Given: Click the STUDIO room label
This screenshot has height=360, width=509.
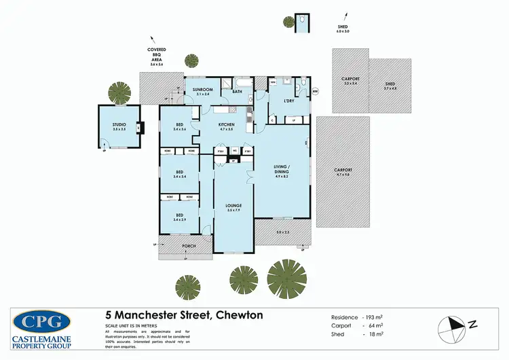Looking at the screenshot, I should [x=119, y=124].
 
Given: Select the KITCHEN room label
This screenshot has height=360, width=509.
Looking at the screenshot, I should [x=227, y=125].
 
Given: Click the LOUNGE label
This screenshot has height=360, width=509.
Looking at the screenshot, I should [x=234, y=205].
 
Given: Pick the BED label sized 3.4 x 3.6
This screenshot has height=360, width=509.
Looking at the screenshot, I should [x=179, y=125].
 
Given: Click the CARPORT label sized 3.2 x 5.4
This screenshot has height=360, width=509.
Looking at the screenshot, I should [x=350, y=80].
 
